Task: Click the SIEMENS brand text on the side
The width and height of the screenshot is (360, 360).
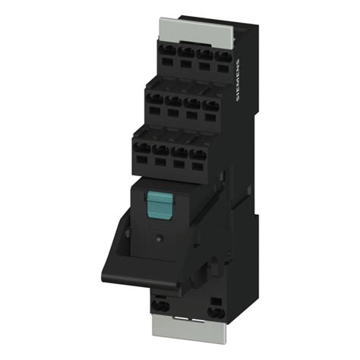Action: point(238,81)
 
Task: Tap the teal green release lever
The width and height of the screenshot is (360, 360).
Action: point(159,205)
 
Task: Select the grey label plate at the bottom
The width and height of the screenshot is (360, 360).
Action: point(189,330)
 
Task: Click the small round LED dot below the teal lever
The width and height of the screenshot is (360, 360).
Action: point(159,238)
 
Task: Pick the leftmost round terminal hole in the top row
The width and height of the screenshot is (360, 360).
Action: point(168,50)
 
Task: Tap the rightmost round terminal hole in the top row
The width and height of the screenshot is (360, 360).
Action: point(223,57)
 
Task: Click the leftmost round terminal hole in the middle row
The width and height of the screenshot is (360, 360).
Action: point(155,99)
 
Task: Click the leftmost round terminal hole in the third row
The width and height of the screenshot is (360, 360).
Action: point(142,147)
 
